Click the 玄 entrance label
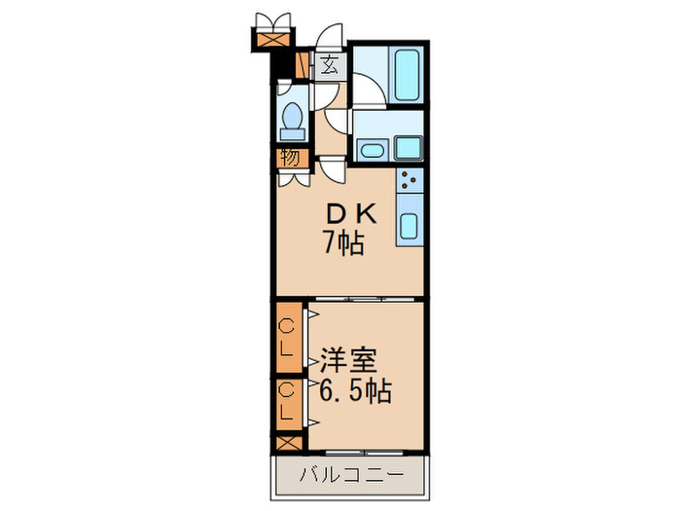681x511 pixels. (330, 66)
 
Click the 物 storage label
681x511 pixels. (290, 157)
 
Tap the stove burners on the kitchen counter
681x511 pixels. (409, 179)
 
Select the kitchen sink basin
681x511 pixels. (409, 228)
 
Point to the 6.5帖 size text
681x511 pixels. (356, 391)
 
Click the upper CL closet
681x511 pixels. (288, 336)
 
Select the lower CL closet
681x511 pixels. (288, 402)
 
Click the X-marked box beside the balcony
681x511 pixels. (288, 441)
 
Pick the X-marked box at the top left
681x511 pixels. (270, 41)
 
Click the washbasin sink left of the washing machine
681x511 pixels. (370, 150)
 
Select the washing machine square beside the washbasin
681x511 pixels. (408, 148)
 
